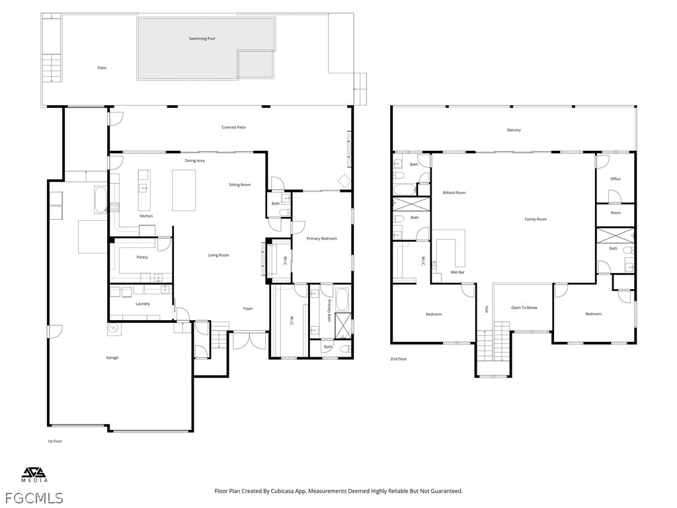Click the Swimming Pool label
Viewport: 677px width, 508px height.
[202, 38]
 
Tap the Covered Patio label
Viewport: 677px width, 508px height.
[233, 128]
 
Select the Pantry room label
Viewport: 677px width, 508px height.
[142, 257]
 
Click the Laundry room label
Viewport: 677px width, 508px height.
[143, 304]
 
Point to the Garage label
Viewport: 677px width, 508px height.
[112, 358]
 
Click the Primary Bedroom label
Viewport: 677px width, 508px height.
[322, 238]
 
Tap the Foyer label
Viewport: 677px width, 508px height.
[248, 308]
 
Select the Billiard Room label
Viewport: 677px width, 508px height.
[454, 192]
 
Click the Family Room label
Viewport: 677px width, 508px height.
[536, 220]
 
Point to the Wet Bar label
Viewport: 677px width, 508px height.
[458, 272]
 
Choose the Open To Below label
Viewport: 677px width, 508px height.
[524, 308]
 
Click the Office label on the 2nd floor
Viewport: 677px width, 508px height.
[616, 179]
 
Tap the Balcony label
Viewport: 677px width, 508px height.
[514, 130]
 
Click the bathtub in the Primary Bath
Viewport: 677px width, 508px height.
[342, 299]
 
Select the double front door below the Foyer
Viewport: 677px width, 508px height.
[250, 341]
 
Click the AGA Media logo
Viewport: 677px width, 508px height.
[34, 475]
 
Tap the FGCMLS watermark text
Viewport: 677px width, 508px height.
[32, 498]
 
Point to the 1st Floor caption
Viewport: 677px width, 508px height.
[55, 441]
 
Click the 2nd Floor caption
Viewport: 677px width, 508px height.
[399, 359]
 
